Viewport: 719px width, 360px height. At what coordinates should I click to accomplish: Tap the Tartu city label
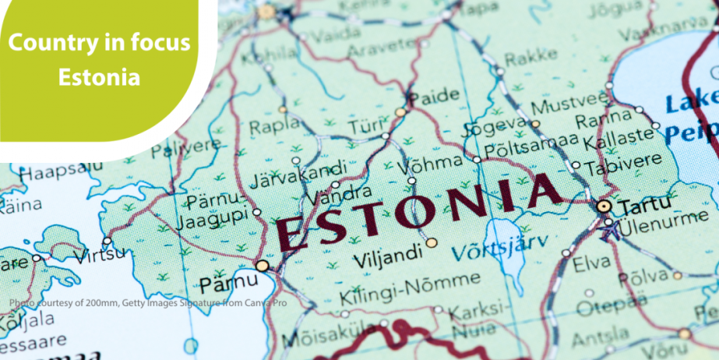(x=639, y=207)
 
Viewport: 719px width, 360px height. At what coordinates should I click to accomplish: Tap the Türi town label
(x=362, y=127)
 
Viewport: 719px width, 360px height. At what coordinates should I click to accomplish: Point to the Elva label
(x=592, y=264)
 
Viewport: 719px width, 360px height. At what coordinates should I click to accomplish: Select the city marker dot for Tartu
(x=604, y=206)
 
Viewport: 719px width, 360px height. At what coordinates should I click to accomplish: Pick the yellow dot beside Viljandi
(x=432, y=243)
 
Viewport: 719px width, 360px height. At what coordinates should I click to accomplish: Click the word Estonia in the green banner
(x=100, y=78)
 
